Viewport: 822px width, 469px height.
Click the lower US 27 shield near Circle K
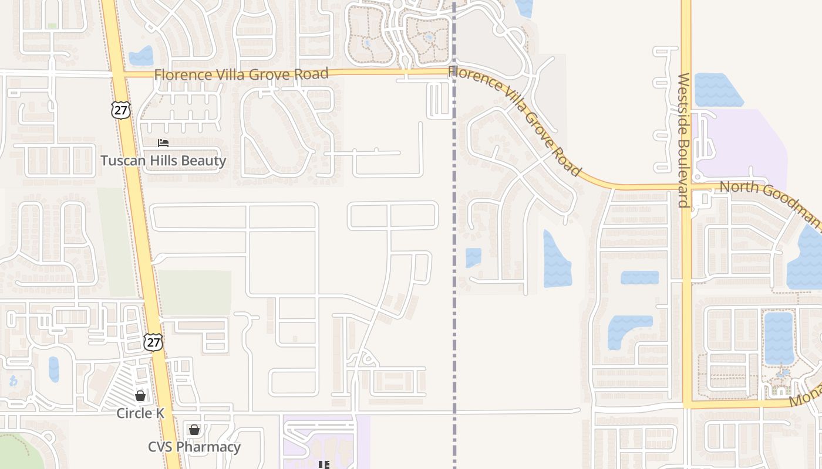(x=153, y=342)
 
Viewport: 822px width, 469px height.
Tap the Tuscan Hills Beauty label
(x=163, y=161)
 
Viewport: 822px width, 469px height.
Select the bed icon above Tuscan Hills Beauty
(x=163, y=143)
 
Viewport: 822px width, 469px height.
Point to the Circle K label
(x=140, y=413)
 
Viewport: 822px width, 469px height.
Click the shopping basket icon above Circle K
(x=140, y=396)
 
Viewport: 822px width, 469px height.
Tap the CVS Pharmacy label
(x=194, y=447)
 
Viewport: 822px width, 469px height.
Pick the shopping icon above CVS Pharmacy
(x=194, y=430)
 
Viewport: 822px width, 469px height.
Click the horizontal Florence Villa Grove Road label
(x=241, y=74)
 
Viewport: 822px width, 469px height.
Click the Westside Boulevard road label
(x=683, y=140)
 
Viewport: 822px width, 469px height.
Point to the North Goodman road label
(x=769, y=203)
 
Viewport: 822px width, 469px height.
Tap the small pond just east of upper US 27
(x=141, y=56)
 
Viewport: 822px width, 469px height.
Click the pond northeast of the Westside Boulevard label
(x=717, y=90)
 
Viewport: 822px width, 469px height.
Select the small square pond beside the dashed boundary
(x=473, y=257)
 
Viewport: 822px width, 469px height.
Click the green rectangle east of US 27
(x=194, y=293)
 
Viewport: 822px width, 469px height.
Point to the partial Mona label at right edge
(x=806, y=398)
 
